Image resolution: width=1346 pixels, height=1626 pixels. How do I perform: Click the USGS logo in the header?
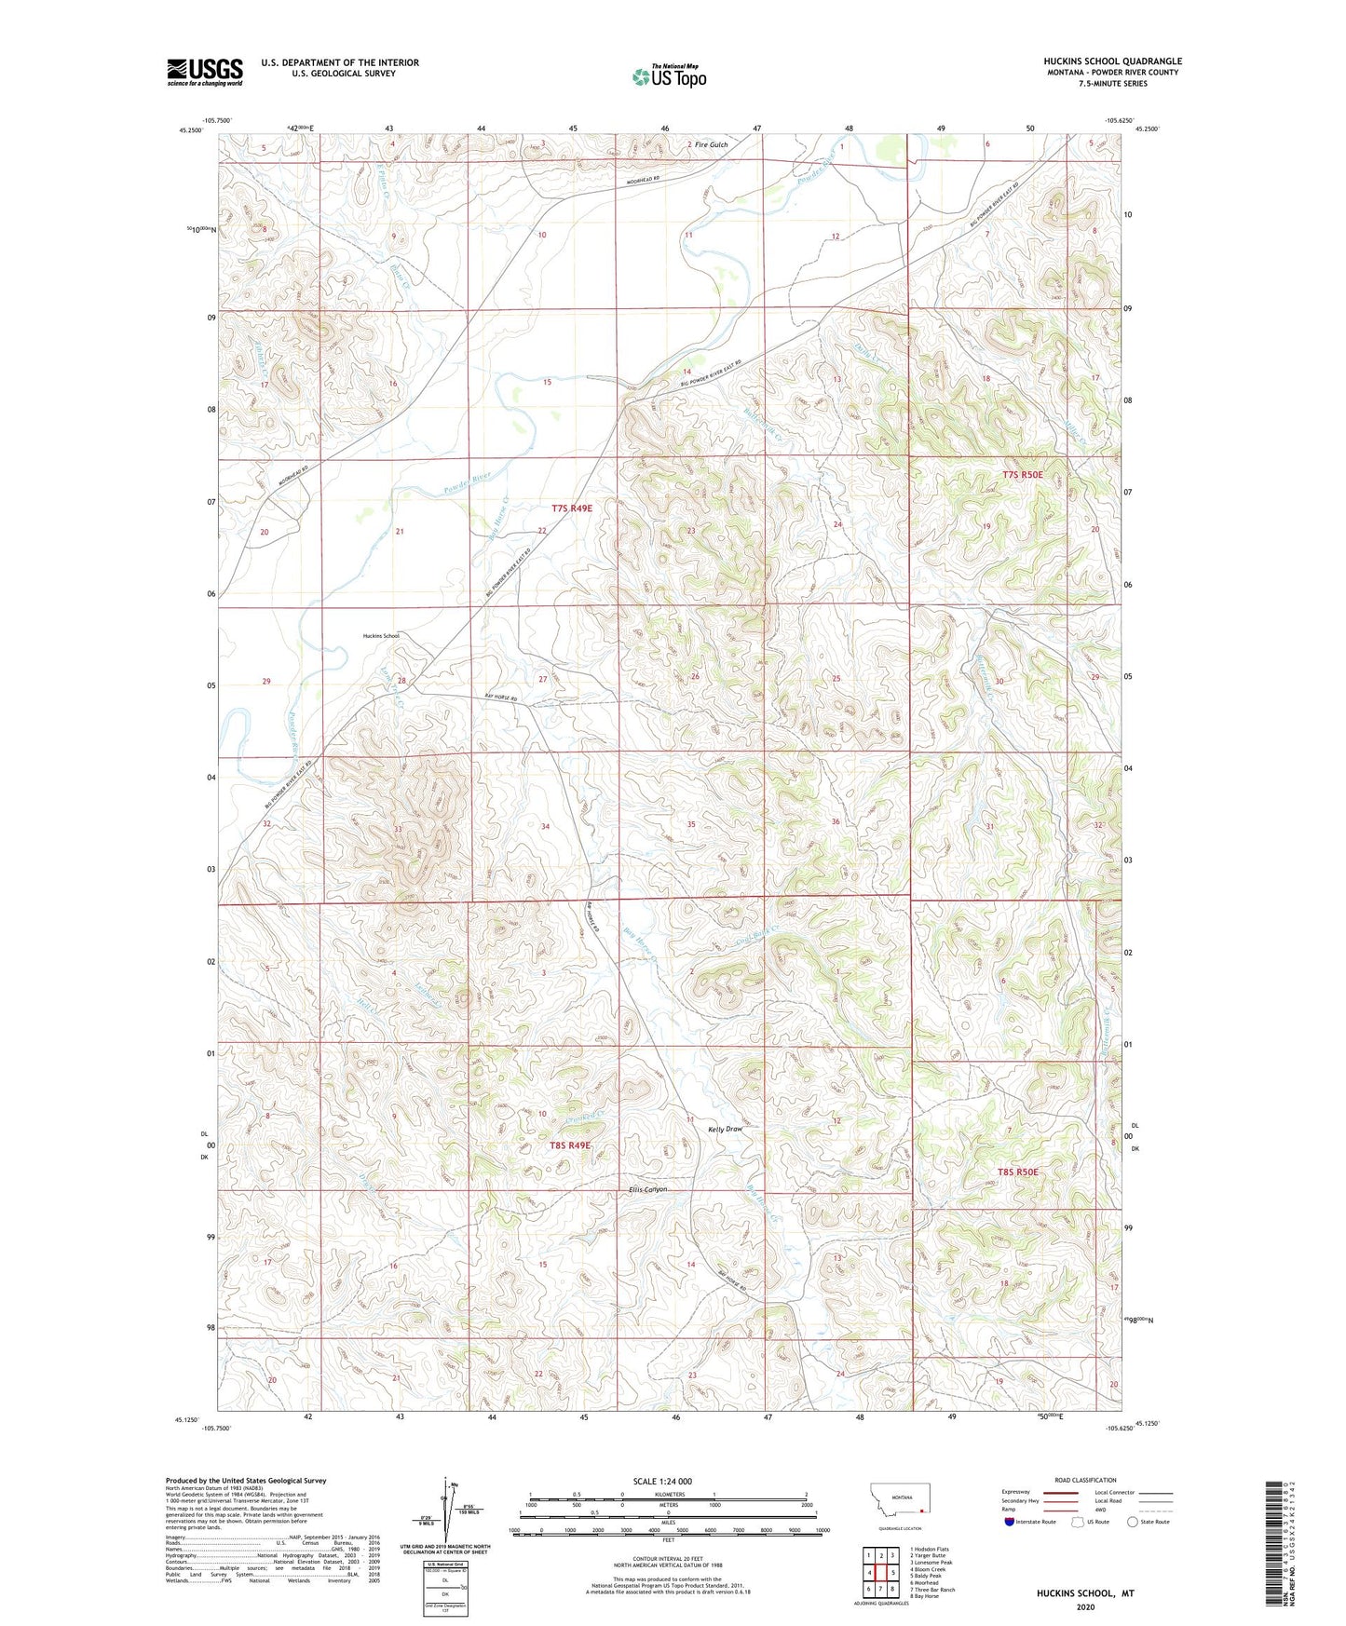[x=204, y=72]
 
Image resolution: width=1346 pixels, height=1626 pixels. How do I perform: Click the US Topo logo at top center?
[x=669, y=76]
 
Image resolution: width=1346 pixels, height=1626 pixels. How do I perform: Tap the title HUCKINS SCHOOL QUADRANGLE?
[x=1112, y=61]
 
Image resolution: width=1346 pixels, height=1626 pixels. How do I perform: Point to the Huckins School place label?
[x=380, y=636]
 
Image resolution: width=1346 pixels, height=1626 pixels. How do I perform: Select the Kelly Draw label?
[x=726, y=1129]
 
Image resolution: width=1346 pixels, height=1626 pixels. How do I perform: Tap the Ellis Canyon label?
[x=648, y=1189]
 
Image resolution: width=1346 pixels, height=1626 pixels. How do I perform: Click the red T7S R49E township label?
[x=571, y=508]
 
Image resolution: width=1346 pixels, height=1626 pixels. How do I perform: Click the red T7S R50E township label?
[x=1022, y=475]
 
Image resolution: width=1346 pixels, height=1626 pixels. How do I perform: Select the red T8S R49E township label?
[x=570, y=1145]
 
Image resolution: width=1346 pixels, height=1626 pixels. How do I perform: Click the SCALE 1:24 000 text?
[x=662, y=1481]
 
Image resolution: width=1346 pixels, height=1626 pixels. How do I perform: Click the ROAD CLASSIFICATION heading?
[x=1085, y=1480]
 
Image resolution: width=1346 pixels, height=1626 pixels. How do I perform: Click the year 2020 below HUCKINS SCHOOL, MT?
[x=1085, y=1606]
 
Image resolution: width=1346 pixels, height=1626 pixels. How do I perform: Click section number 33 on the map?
[x=398, y=829]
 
